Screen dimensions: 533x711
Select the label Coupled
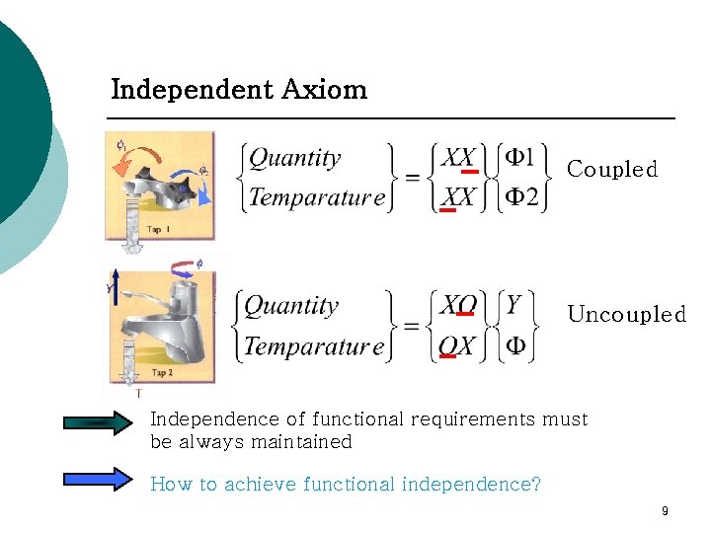click(x=612, y=170)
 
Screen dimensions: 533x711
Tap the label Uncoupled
click(x=626, y=315)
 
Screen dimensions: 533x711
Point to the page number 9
click(x=665, y=511)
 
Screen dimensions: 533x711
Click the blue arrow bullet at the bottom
click(x=97, y=479)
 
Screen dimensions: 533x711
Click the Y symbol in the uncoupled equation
click(x=513, y=305)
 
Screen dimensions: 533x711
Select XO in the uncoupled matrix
click(x=458, y=305)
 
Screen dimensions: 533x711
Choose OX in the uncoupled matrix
click(x=457, y=345)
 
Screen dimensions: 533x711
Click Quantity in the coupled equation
click(x=294, y=158)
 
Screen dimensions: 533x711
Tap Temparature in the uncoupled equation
click(x=313, y=346)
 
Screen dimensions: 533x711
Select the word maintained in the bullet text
click(x=305, y=442)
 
